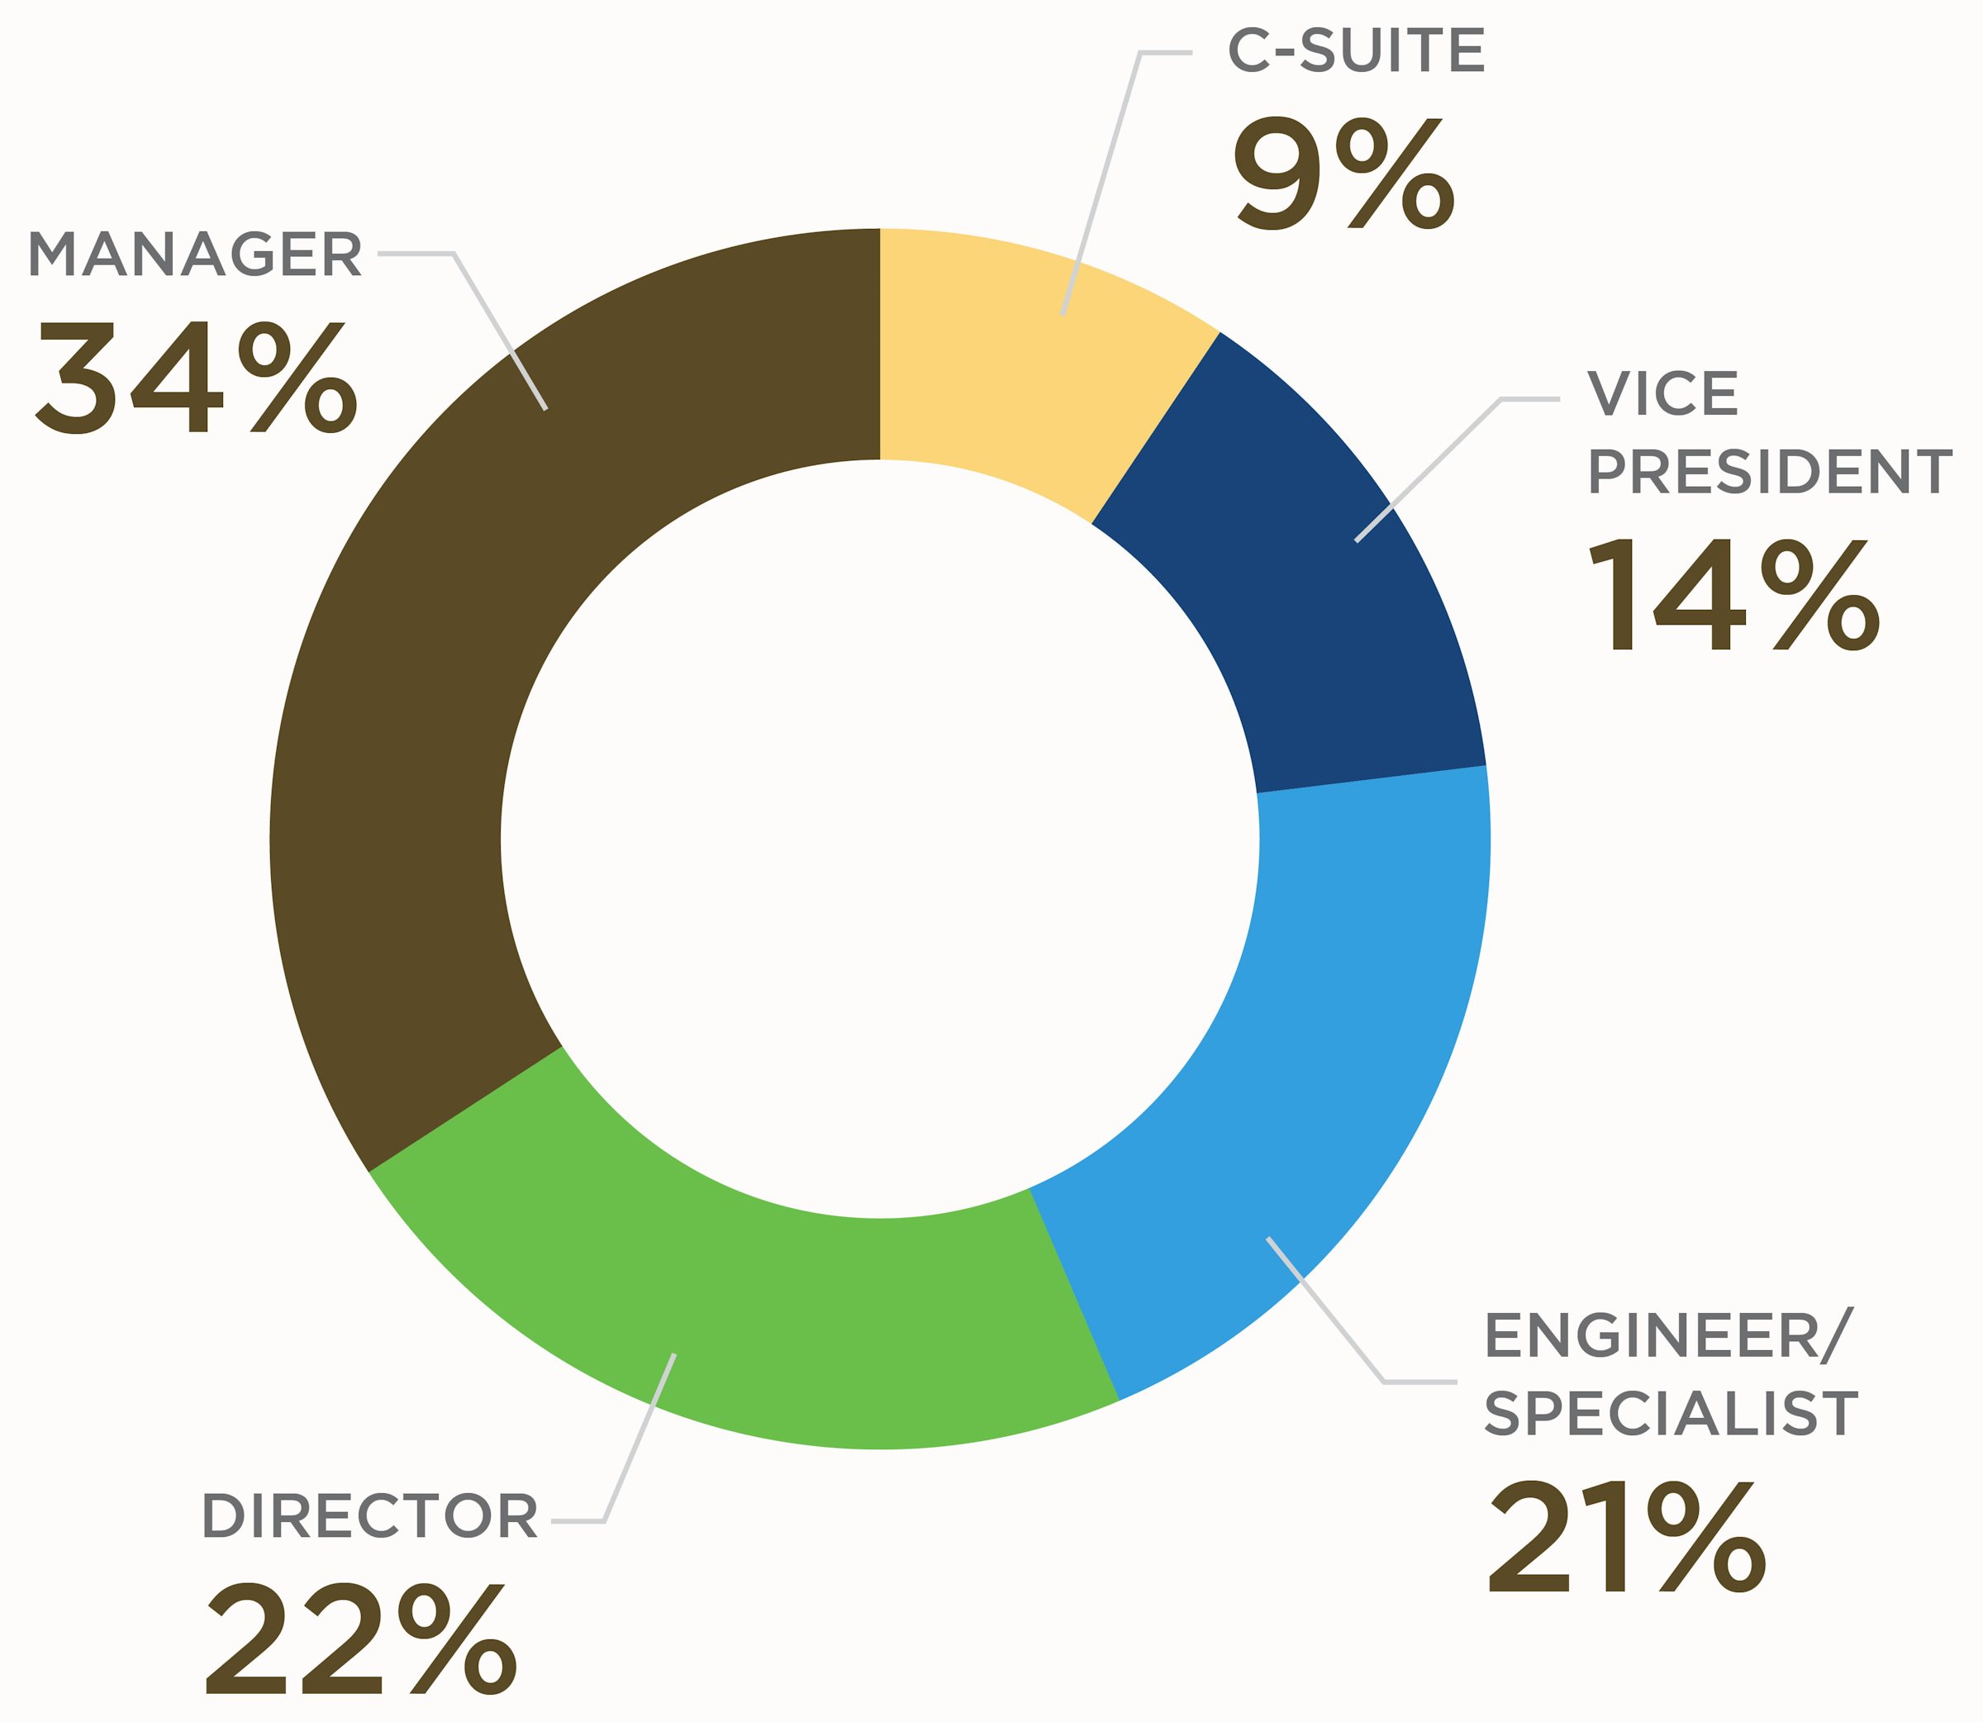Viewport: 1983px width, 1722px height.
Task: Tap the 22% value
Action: pyautogui.click(x=361, y=1639)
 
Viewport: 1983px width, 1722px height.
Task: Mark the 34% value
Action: pyautogui.click(x=197, y=377)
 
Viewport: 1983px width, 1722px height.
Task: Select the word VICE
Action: pyautogui.click(x=1663, y=394)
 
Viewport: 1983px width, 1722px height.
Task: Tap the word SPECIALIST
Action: pyautogui.click(x=1671, y=1414)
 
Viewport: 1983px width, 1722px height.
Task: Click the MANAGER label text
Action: pyautogui.click(x=195, y=254)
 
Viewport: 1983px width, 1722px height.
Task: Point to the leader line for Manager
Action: pyautogui.click(x=500, y=331)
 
